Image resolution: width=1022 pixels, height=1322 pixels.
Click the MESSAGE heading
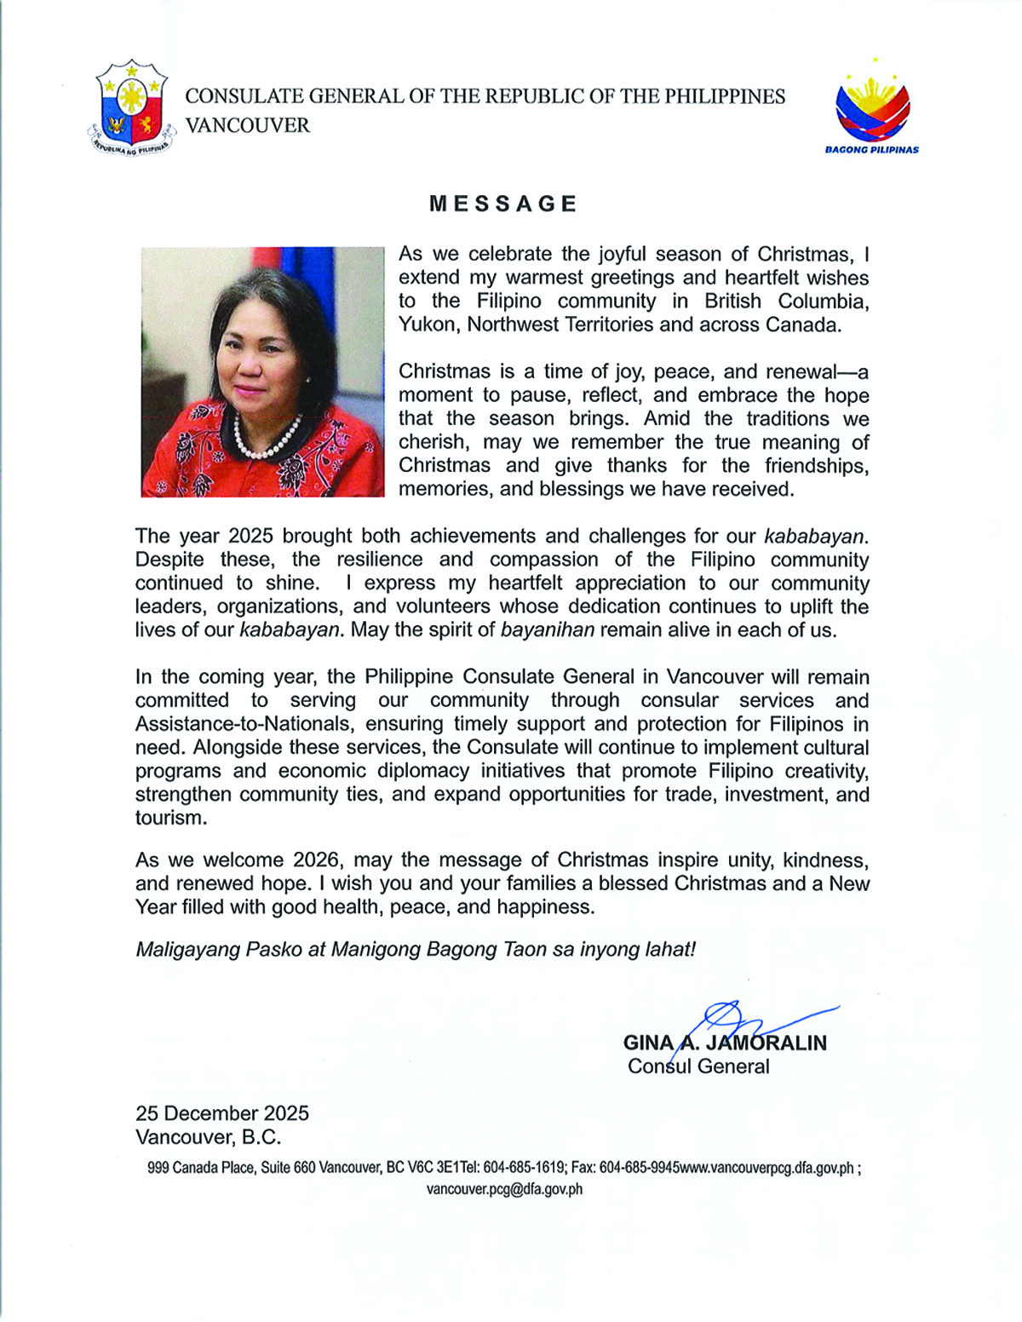(503, 204)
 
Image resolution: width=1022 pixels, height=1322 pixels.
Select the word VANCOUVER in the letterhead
(248, 125)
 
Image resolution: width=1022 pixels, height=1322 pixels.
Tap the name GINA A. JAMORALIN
(725, 1043)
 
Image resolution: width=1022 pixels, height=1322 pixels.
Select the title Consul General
(698, 1066)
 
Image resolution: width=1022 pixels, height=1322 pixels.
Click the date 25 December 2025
(222, 1113)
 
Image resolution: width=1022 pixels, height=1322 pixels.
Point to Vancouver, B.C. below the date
(208, 1137)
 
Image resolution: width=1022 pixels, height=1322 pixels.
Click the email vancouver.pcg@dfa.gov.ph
(504, 1189)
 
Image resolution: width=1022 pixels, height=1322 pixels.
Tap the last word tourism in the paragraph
(170, 818)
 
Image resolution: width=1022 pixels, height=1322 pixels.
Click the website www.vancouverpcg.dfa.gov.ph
(766, 1168)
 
